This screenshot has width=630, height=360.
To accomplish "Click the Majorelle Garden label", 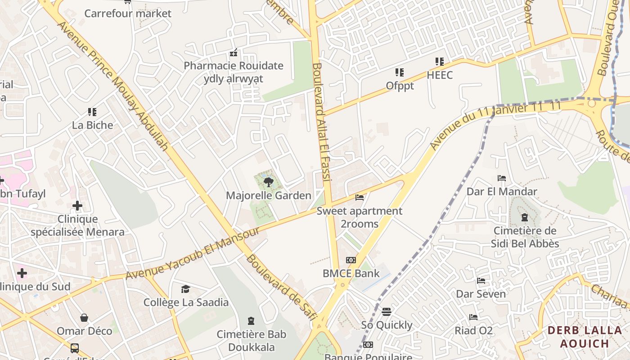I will click(269, 195).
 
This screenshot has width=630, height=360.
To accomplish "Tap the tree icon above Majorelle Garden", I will click(268, 182).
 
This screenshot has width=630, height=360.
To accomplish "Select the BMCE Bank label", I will click(351, 273).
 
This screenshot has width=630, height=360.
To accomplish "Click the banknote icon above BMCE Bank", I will click(351, 260).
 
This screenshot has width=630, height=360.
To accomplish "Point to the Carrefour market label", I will click(128, 13).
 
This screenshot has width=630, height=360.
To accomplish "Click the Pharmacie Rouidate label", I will click(234, 66).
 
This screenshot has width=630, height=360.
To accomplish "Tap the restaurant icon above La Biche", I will click(92, 112).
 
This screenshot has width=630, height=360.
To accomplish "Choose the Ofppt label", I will click(400, 85).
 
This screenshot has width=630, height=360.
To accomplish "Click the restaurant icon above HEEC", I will click(439, 62).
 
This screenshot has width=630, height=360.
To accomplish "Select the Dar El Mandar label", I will click(502, 191).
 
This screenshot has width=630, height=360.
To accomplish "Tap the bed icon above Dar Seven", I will click(481, 281).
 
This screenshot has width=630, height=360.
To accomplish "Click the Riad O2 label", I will click(473, 331).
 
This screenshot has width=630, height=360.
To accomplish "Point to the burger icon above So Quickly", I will click(387, 312).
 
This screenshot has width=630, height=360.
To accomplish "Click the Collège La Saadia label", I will click(186, 302).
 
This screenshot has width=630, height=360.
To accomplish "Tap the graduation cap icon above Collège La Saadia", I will click(185, 289).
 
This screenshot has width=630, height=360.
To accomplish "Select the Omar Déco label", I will click(84, 331).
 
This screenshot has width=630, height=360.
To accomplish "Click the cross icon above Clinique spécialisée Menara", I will click(77, 206).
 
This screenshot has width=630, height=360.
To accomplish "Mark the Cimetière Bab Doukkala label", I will click(251, 341).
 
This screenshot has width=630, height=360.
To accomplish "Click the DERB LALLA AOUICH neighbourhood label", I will click(585, 337).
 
